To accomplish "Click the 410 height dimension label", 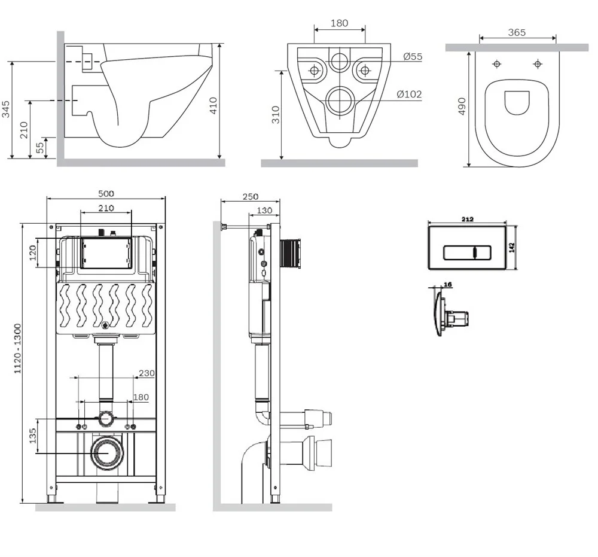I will (213, 105).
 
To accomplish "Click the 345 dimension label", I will (6, 109).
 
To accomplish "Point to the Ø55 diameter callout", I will (412, 57).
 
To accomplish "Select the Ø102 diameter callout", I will (410, 94).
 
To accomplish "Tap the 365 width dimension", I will (517, 32).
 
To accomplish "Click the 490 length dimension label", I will (462, 107).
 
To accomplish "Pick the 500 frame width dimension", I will (106, 193).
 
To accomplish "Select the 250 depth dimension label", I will (251, 196).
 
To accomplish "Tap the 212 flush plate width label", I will (468, 220).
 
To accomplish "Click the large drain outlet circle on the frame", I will (106, 452).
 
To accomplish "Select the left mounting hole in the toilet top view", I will (496, 64).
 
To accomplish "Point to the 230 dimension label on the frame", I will (146, 373).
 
